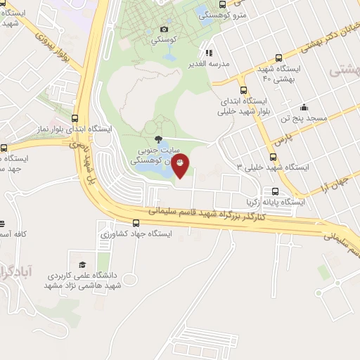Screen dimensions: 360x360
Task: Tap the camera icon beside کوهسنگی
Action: pos(164,29)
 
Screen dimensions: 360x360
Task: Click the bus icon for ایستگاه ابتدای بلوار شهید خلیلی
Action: pos(243,90)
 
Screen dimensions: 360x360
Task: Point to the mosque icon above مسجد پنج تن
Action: pos(303,108)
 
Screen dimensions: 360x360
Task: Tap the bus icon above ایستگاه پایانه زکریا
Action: pos(274,191)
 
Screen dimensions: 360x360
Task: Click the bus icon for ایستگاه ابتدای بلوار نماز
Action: pos(75,118)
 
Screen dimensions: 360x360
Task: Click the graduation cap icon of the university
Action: pos(83,265)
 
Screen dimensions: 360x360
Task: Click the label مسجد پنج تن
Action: pos(303,119)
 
